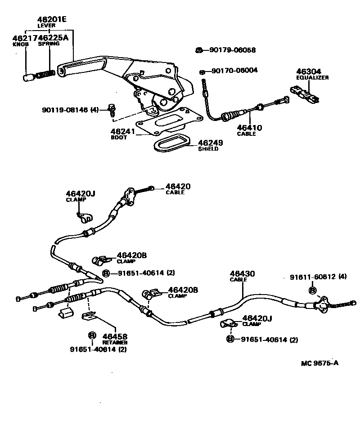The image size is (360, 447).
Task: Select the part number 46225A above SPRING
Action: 53,38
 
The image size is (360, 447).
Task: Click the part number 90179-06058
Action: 232,50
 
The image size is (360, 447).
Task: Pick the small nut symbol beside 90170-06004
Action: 202,71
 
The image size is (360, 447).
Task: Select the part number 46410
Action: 250,128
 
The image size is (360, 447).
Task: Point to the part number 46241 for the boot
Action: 122,132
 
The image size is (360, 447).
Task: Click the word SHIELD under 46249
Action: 208,149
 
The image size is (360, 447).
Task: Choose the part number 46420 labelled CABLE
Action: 178,186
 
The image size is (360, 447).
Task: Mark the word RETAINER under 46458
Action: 114,342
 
